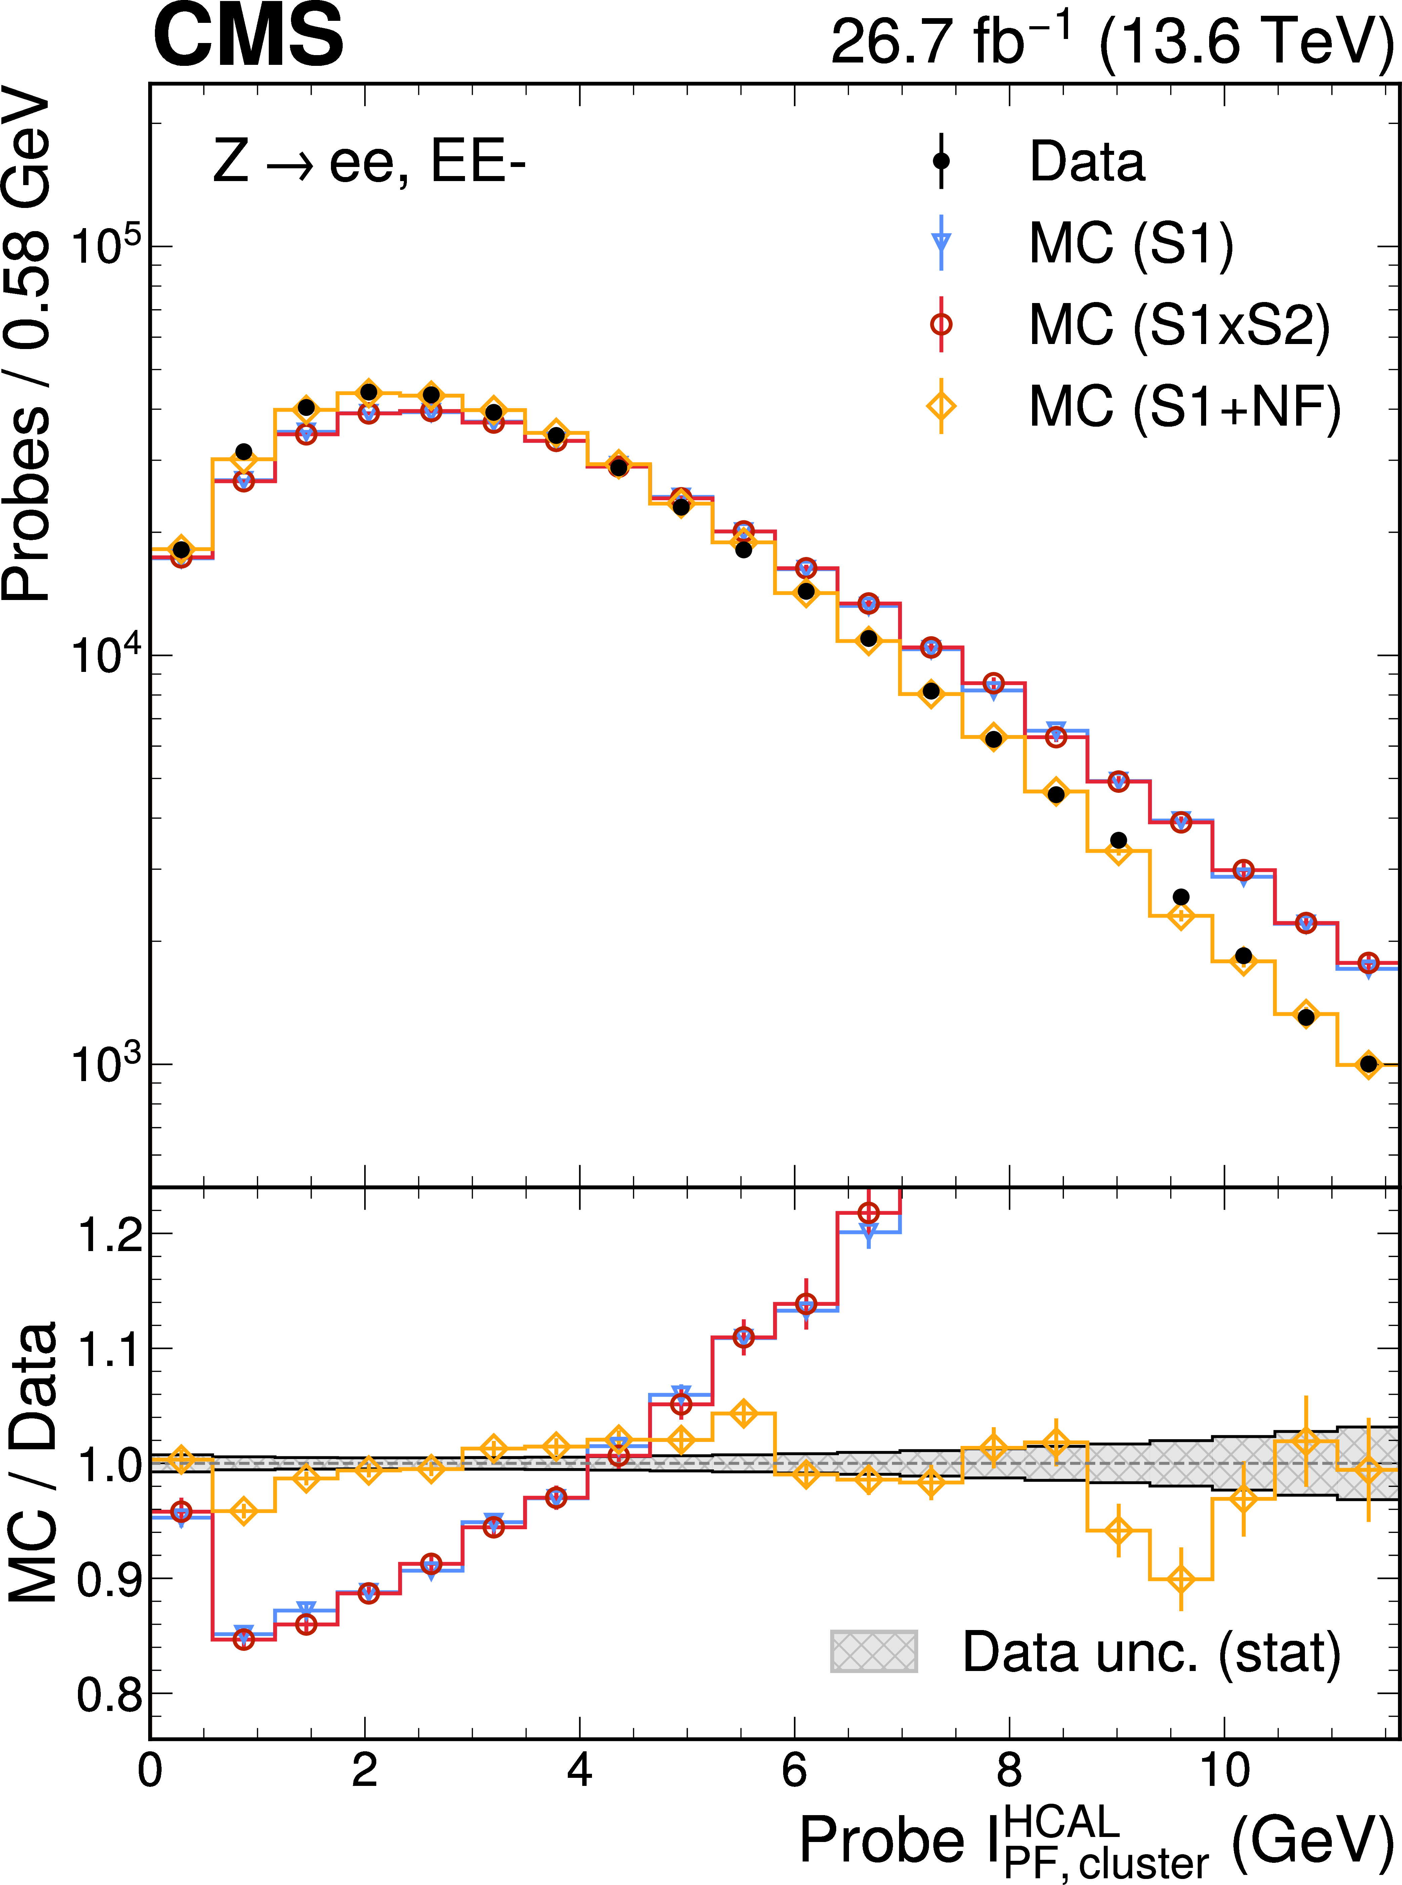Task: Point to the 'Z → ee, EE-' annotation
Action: click(x=370, y=161)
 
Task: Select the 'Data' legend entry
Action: click(x=1086, y=161)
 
